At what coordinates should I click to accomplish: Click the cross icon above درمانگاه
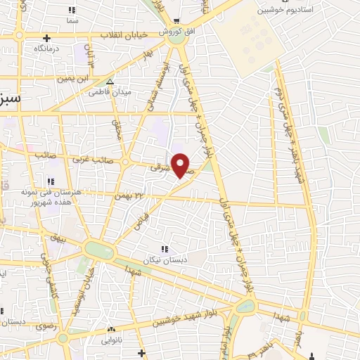46,38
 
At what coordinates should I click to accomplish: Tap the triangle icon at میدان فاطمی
109,82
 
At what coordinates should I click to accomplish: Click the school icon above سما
70,10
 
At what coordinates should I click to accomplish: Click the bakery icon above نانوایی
110,329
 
